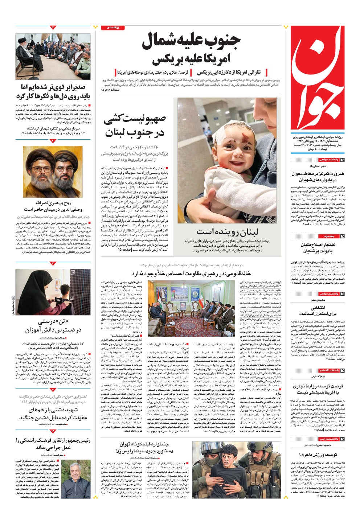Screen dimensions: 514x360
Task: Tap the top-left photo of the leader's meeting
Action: point(53,56)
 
